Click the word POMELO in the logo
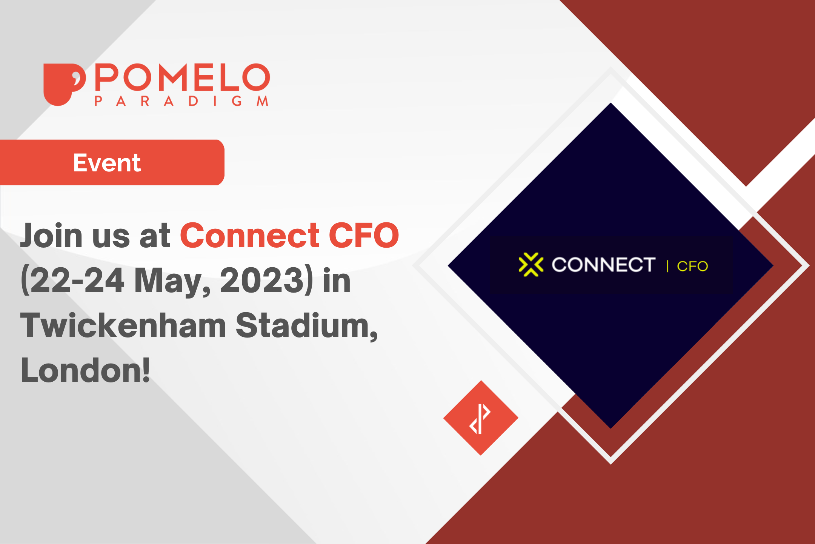[183, 77]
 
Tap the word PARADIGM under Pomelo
[181, 101]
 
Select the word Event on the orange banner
[107, 163]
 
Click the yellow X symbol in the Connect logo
[531, 265]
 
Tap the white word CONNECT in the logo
[603, 265]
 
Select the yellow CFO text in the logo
[692, 266]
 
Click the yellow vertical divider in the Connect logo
[667, 266]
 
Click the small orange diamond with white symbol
[481, 418]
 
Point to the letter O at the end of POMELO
[256, 77]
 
